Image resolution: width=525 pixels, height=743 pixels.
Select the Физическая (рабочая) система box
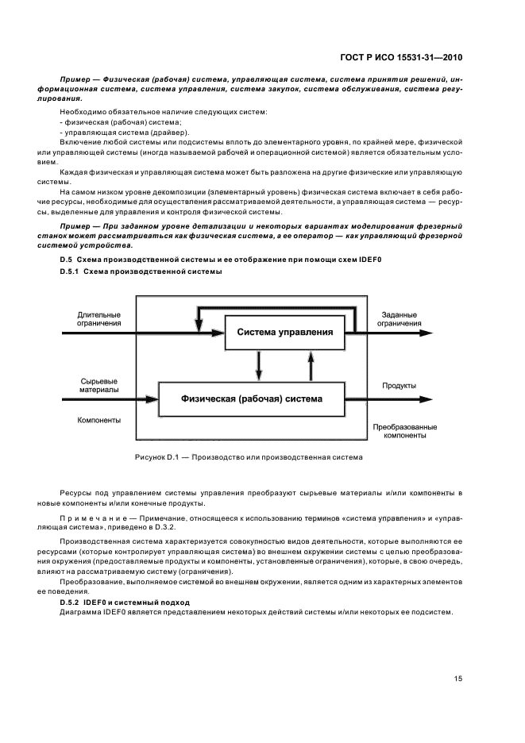click(252, 396)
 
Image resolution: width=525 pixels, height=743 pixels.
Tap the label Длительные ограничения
click(99, 318)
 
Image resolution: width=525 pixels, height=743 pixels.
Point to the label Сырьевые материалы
click(99, 386)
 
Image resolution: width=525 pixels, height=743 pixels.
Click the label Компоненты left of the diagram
click(99, 421)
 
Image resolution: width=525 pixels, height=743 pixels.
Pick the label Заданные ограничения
click(399, 318)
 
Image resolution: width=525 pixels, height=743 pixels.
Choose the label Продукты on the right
click(400, 386)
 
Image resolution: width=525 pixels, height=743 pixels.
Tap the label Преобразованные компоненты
click(405, 430)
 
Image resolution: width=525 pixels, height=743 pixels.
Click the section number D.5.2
click(71, 603)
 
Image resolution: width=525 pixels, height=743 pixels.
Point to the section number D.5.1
click(71, 271)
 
